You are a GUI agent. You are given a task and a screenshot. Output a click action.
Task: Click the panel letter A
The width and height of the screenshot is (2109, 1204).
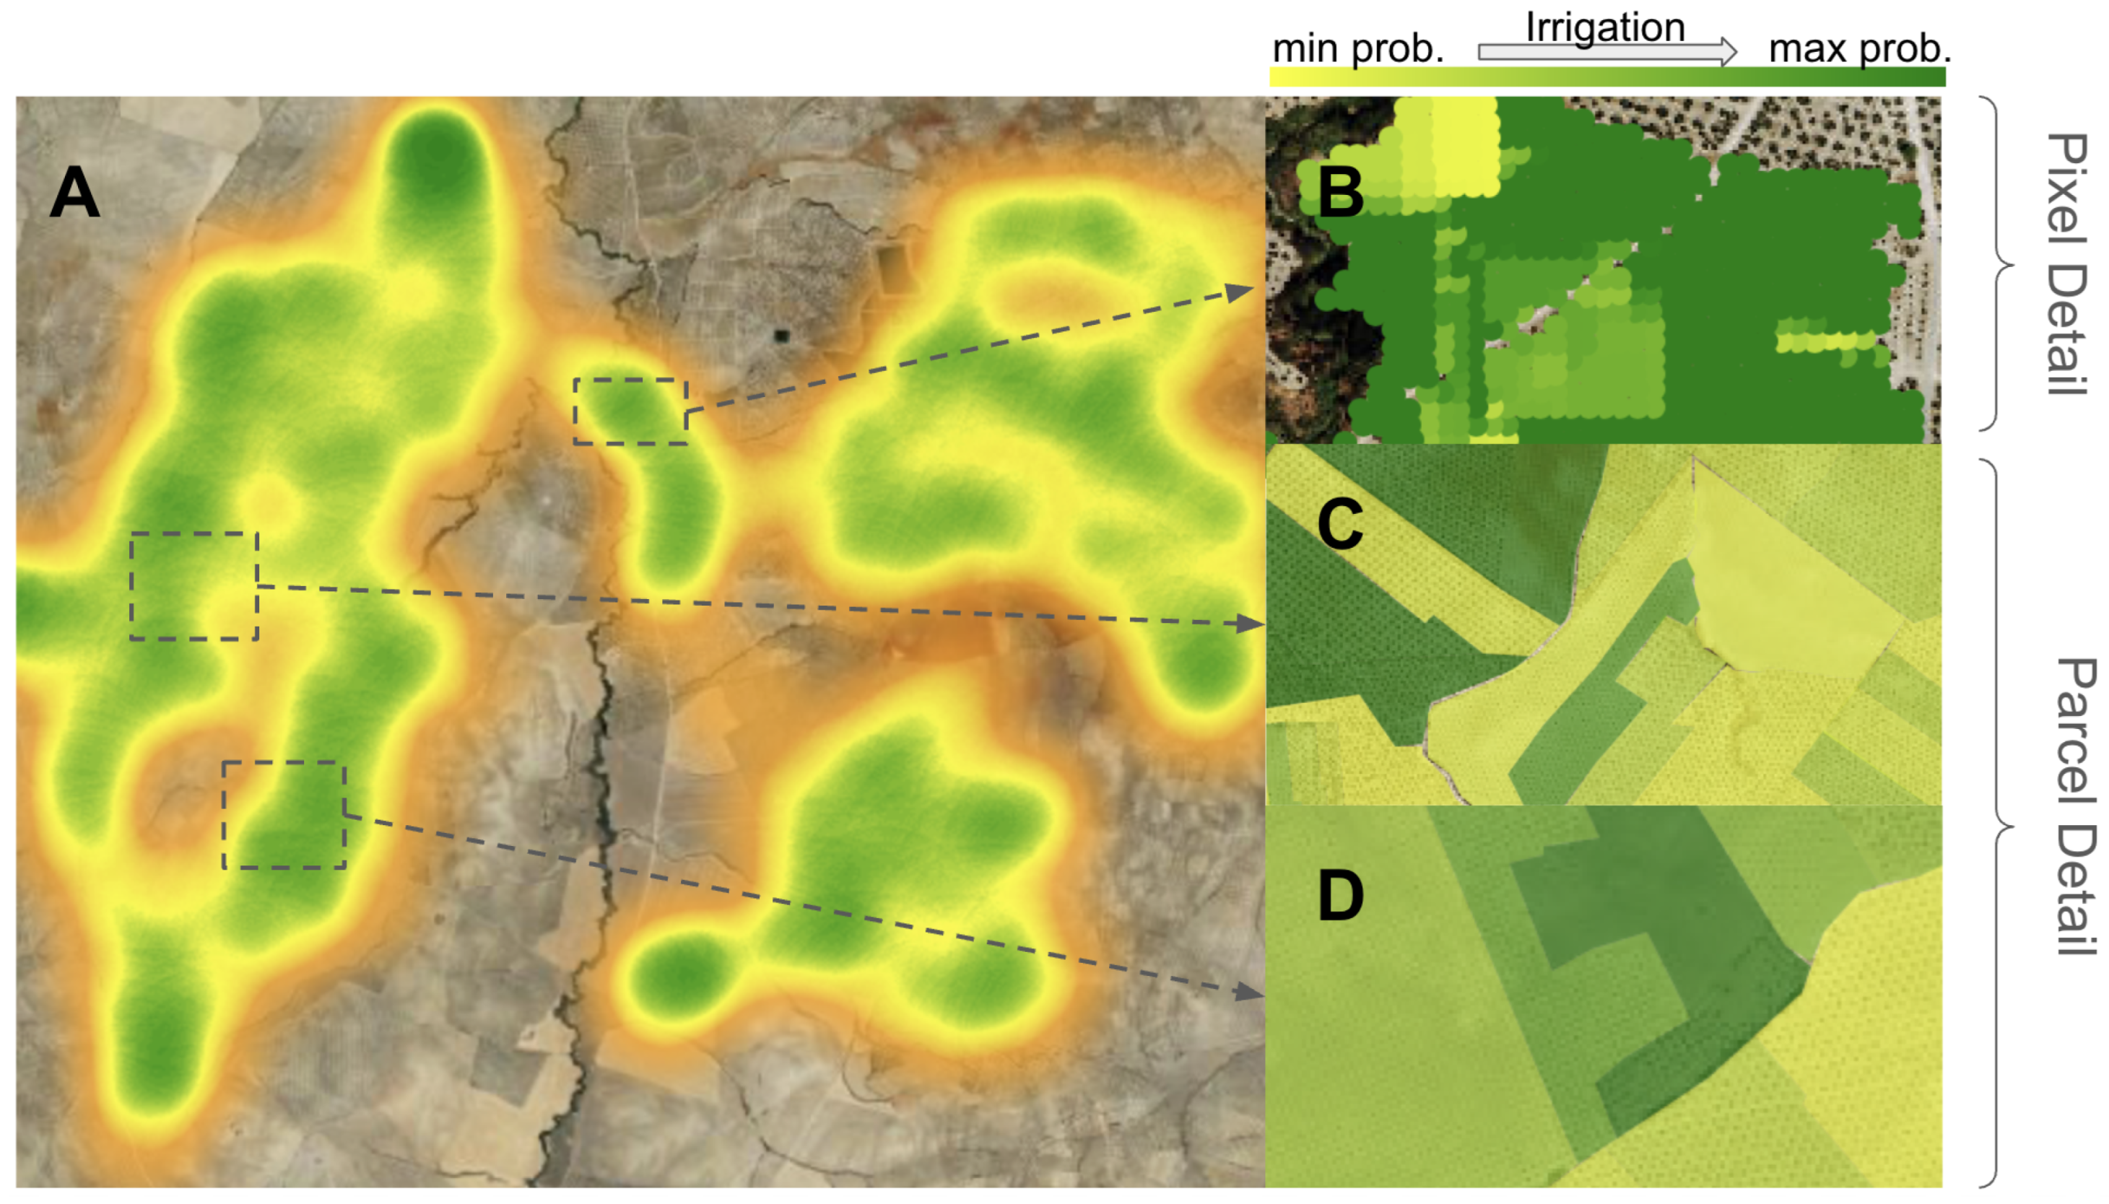coord(74,192)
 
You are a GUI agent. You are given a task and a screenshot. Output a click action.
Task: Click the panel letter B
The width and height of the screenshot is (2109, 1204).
coord(1340,193)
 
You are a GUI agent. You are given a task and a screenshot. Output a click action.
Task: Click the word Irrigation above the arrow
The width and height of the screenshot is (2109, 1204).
coord(1604,27)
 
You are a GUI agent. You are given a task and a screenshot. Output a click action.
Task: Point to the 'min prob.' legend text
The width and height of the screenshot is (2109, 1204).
coord(1357,49)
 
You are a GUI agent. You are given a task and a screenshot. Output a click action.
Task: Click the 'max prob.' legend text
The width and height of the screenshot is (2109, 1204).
coord(1859,49)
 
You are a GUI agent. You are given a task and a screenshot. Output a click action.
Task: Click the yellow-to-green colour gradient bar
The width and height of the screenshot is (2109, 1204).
coord(1607,78)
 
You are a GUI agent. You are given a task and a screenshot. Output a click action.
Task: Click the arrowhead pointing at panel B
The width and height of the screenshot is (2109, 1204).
coord(1240,291)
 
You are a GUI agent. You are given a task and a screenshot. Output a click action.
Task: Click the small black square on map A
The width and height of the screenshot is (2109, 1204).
coord(780,335)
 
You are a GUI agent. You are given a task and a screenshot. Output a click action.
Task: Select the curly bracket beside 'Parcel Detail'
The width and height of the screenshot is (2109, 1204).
coord(2000,824)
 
